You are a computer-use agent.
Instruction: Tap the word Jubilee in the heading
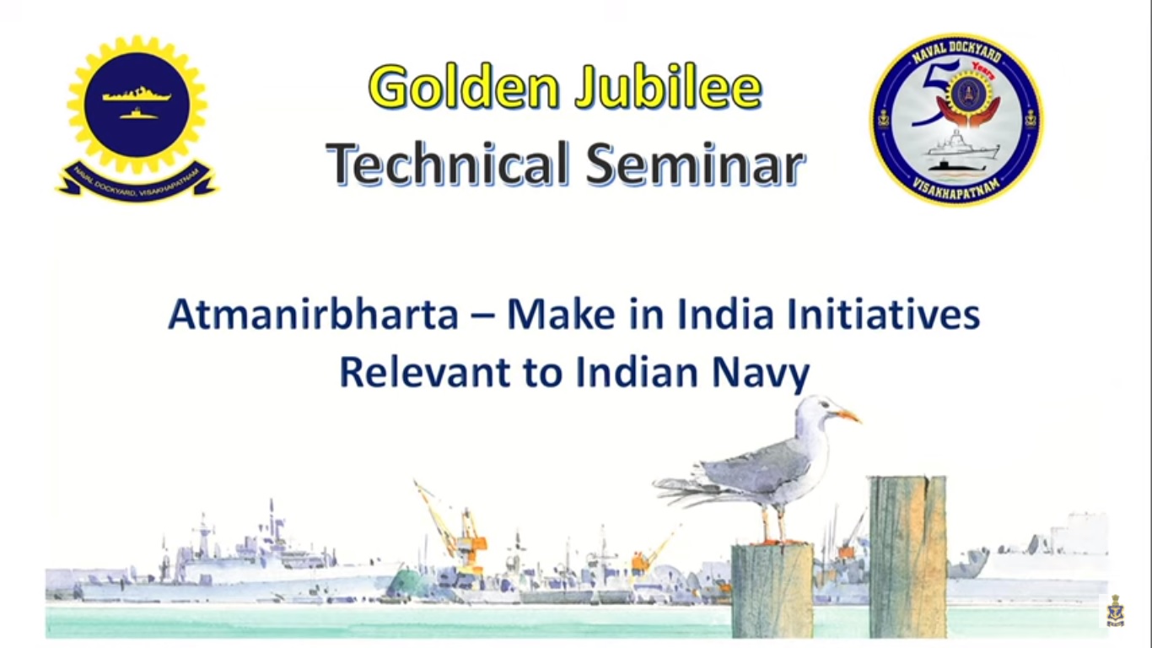[669, 88]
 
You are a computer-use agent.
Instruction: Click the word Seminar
[695, 163]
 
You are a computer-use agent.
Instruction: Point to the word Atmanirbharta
[313, 315]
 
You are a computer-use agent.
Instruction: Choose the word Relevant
[425, 372]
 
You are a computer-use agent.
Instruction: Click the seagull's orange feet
[777, 540]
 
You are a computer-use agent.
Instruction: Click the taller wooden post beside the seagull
[908, 557]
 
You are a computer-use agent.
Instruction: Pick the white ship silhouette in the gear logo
[137, 94]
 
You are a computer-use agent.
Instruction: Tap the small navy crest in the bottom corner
[1115, 612]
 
